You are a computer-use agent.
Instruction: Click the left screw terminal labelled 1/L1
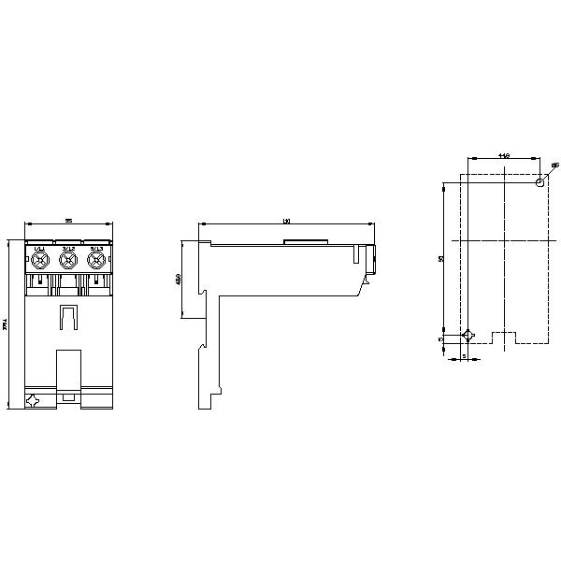pos(40,258)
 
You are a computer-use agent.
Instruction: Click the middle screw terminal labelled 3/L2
pos(67,258)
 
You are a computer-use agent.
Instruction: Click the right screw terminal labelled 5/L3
pos(94,258)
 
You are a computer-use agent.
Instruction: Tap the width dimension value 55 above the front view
pos(68,221)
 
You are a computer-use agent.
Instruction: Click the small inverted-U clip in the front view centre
pos(68,317)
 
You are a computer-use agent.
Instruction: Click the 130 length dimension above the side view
pos(286,222)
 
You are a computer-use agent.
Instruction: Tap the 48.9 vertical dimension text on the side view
pos(179,279)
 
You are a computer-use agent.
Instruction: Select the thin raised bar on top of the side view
pos(306,241)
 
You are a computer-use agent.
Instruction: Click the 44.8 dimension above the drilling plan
pos(503,155)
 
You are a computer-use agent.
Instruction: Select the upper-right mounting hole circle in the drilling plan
pos(540,182)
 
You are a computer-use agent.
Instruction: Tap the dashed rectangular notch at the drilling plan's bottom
pos(504,337)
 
